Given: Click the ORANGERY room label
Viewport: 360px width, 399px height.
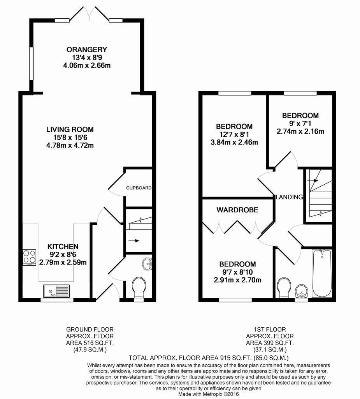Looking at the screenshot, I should (87, 49).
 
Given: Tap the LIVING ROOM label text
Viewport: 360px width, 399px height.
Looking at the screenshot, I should (70, 129).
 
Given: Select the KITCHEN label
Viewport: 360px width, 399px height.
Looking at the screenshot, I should (63, 246).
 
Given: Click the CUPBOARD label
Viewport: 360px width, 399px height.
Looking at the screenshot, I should (139, 188).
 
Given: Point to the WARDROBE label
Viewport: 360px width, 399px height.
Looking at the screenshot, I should (237, 210).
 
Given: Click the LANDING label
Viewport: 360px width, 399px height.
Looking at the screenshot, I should (289, 197).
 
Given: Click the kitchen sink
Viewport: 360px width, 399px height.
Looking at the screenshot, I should (57, 291).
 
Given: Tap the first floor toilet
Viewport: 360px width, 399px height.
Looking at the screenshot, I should (284, 288).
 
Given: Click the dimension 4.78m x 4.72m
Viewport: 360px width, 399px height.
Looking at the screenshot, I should (70, 146).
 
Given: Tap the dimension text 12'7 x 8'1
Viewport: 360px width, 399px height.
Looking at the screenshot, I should (234, 134).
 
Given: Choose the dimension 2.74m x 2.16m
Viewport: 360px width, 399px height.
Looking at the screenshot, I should (300, 132).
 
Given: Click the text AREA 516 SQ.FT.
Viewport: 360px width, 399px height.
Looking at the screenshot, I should (90, 343).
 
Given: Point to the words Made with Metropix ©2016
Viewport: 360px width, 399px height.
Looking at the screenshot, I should (209, 394).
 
